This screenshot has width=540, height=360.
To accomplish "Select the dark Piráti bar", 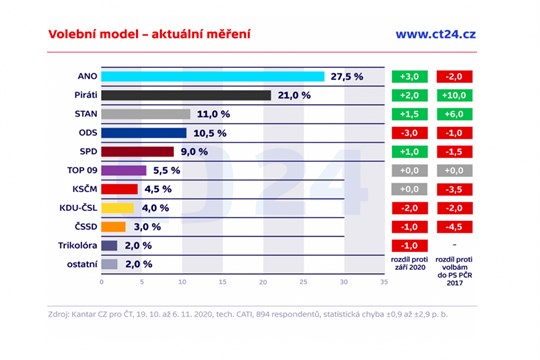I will (x=185, y=95).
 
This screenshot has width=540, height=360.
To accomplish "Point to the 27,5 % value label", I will (x=348, y=76).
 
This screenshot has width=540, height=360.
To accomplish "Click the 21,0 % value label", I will (x=295, y=95).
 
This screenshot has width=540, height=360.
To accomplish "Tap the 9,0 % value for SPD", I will (x=193, y=151).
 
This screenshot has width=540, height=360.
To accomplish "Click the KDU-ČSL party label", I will (x=77, y=208).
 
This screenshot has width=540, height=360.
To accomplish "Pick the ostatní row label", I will (x=80, y=264).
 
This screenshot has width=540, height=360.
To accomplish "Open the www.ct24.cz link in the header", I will (x=436, y=34).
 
